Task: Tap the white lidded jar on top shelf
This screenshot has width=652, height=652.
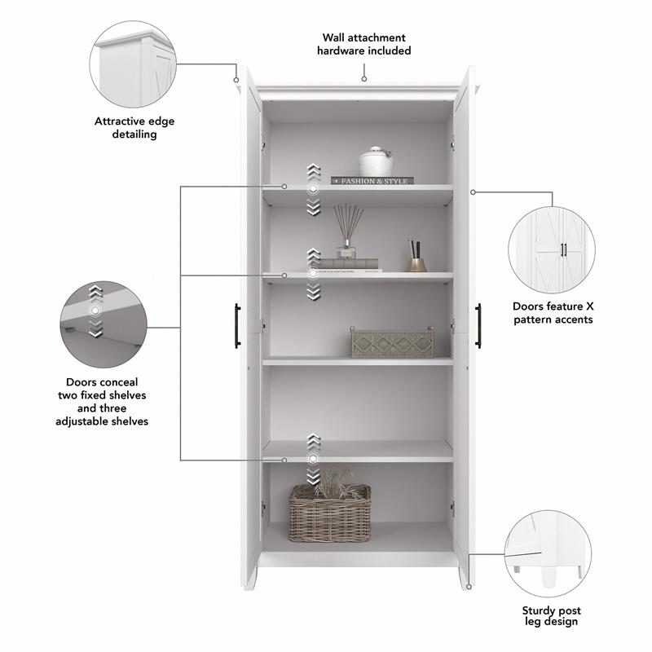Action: pyautogui.click(x=376, y=162)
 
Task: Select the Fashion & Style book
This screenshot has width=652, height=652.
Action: pyautogui.click(x=372, y=181)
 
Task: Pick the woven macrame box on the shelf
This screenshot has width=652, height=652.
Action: pyautogui.click(x=392, y=342)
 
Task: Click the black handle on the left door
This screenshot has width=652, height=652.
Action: pyautogui.click(x=237, y=325)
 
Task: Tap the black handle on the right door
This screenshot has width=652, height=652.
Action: pyautogui.click(x=478, y=325)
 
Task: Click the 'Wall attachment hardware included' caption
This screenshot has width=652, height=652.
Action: pyautogui.click(x=363, y=44)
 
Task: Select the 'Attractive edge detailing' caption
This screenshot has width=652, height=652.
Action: pyautogui.click(x=134, y=127)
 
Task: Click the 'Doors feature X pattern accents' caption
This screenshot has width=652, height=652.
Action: pyautogui.click(x=553, y=313)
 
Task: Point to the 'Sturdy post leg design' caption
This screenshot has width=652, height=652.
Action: pyautogui.click(x=552, y=615)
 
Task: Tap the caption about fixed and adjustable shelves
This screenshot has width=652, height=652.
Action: pyautogui.click(x=102, y=401)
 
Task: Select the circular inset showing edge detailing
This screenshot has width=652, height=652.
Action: pyautogui.click(x=133, y=64)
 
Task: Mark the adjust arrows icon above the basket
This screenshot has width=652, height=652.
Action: pyautogui.click(x=314, y=460)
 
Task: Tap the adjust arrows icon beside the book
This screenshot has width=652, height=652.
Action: pyautogui.click(x=314, y=189)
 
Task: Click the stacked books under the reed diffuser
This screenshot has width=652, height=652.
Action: pyautogui.click(x=348, y=264)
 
